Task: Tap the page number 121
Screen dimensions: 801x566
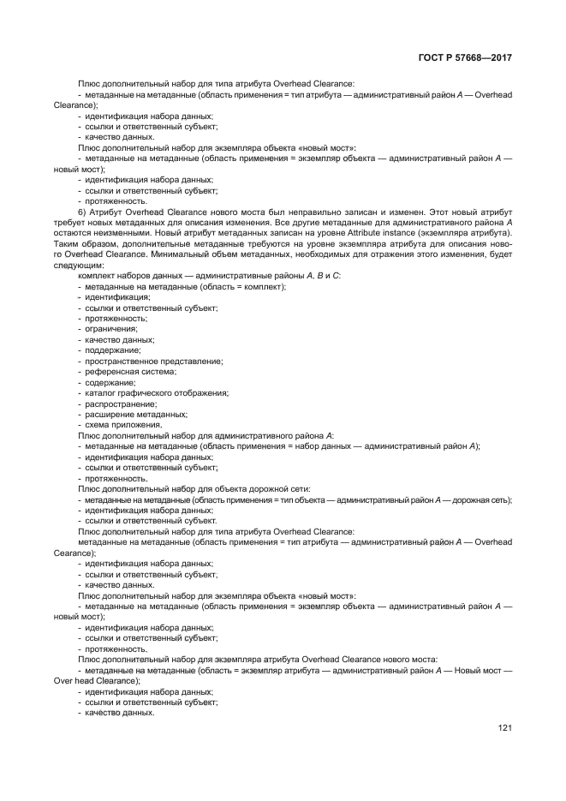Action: (x=504, y=728)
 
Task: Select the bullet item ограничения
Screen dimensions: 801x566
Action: (x=110, y=329)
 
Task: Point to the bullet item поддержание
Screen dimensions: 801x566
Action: (x=112, y=350)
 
